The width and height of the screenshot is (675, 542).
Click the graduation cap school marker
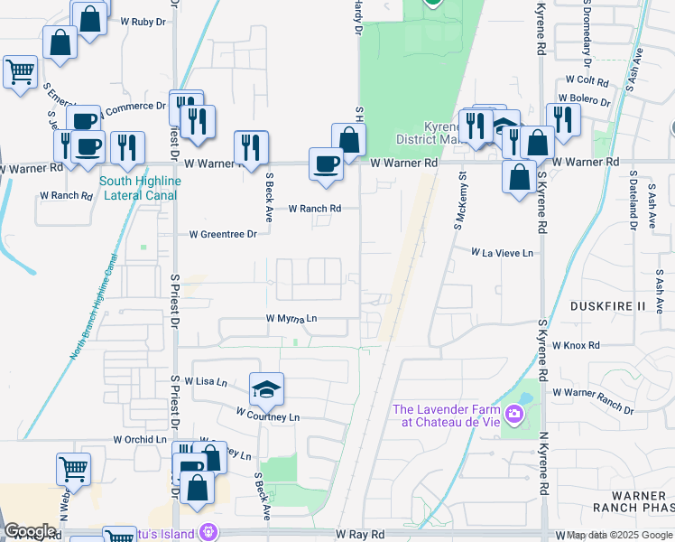(266, 389)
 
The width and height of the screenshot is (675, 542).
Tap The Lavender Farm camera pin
(514, 415)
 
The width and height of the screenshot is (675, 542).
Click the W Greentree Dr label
(223, 234)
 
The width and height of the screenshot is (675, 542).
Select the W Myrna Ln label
(291, 318)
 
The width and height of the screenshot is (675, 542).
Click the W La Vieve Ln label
(503, 253)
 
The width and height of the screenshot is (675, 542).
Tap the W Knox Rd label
(577, 345)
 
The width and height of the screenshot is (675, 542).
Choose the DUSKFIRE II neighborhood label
(609, 307)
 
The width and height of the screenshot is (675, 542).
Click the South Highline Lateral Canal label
(140, 187)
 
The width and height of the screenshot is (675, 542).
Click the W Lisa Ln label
(203, 382)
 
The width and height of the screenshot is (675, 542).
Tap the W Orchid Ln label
(140, 439)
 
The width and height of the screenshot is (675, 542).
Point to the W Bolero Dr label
(585, 98)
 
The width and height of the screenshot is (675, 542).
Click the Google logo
(30, 531)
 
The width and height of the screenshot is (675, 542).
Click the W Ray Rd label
(360, 535)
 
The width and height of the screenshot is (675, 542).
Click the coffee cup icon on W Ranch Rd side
(326, 164)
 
